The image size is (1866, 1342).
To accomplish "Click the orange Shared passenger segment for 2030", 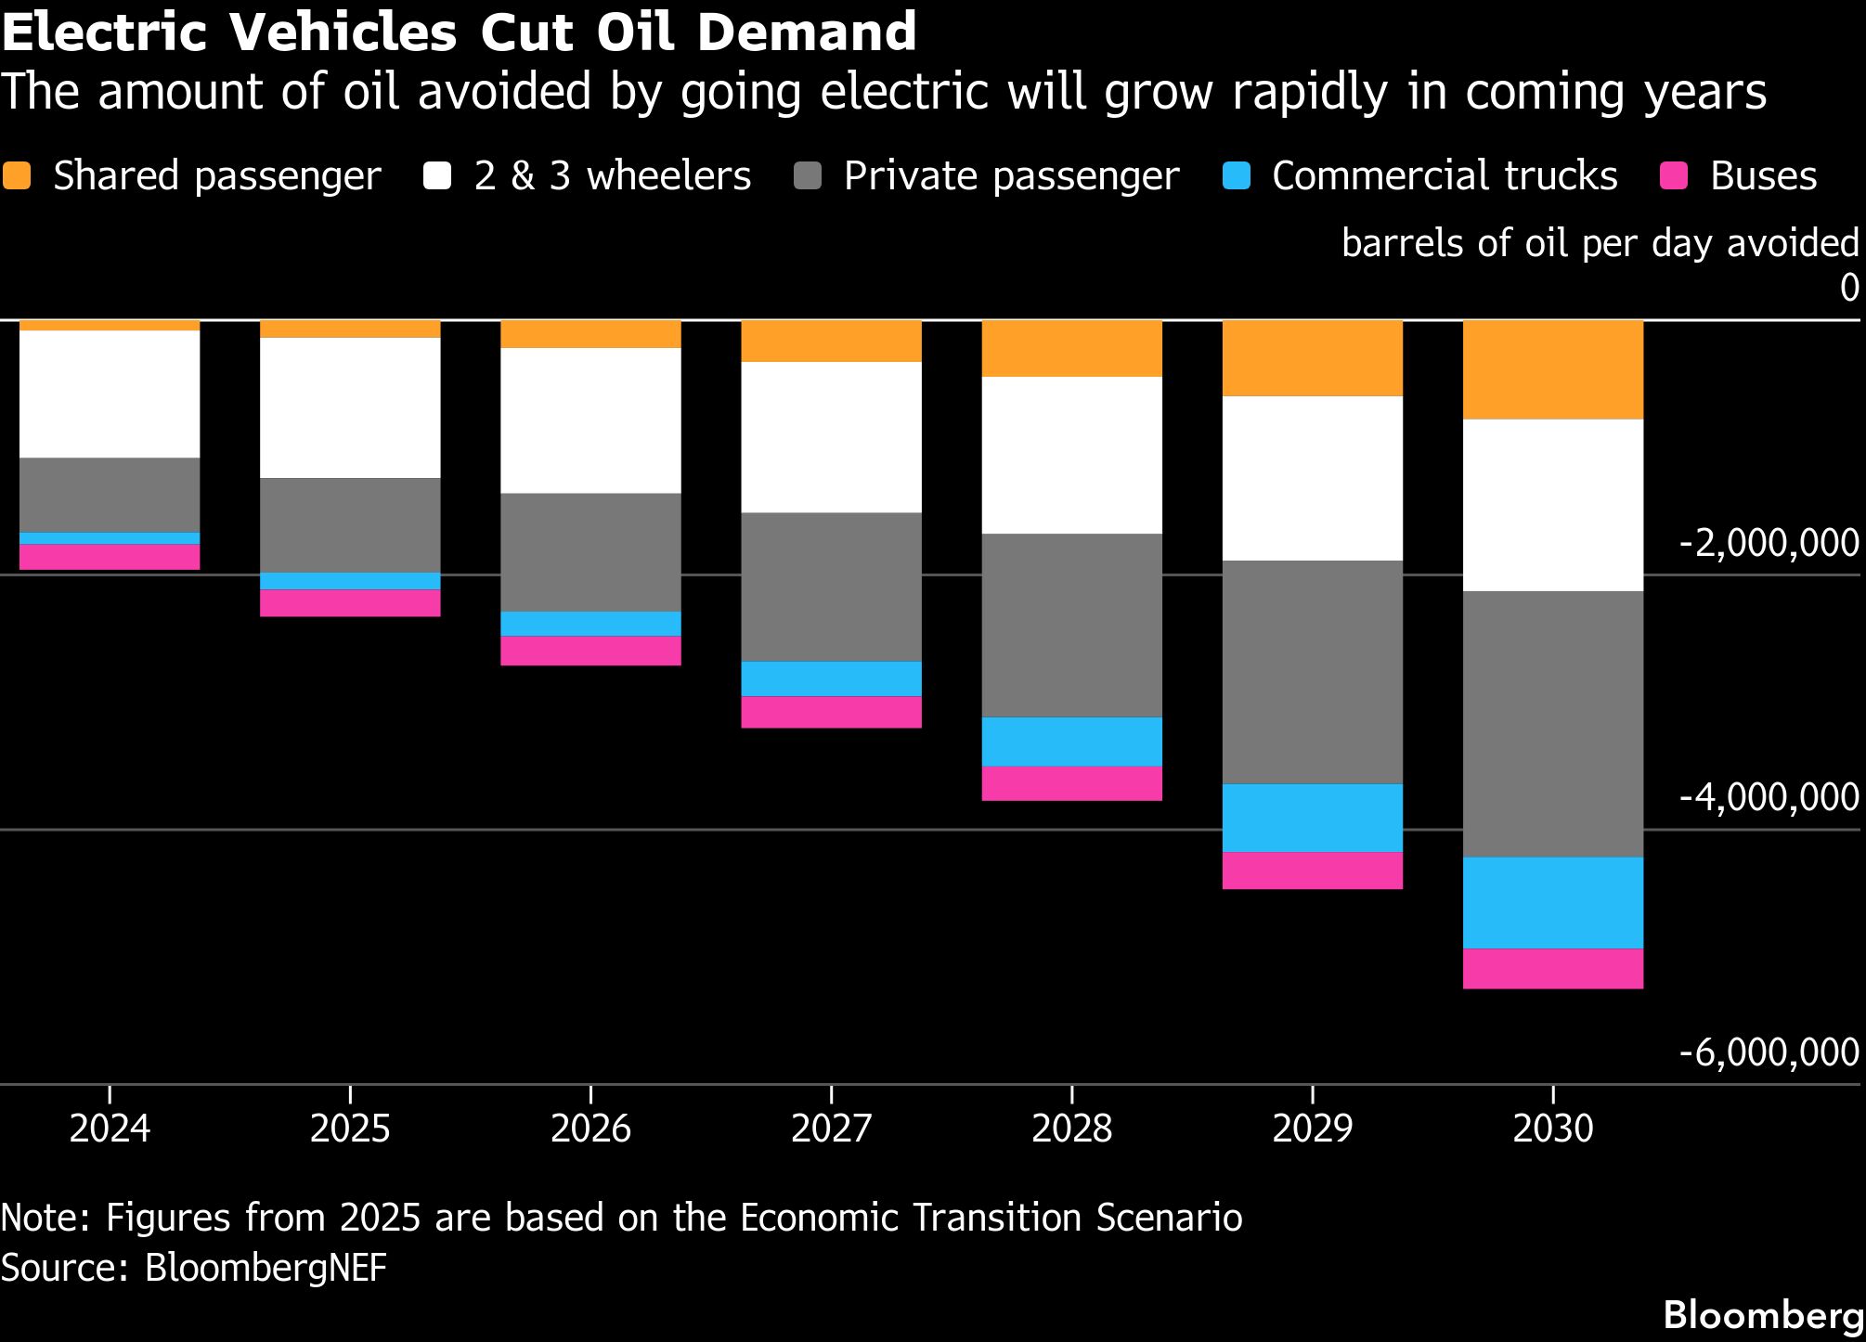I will click(1552, 369).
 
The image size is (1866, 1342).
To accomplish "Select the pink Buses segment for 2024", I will click(110, 556).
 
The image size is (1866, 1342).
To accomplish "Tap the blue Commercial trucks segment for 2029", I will click(1312, 818).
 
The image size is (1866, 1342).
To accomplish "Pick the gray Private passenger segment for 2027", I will click(831, 587).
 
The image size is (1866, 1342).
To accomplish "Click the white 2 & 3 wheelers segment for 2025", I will click(350, 407).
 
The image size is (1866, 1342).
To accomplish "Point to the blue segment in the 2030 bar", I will click(1552, 902).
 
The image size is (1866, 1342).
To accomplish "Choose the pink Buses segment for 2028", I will click(1071, 783).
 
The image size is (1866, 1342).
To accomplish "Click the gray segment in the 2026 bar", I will click(590, 552).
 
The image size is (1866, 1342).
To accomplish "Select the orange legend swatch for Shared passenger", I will click(17, 176).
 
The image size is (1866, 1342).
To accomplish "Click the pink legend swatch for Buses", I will click(1674, 176).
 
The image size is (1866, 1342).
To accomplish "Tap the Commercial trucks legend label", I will click(1445, 176).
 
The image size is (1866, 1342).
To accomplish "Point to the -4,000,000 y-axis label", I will click(1769, 797).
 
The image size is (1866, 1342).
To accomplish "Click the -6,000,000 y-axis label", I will click(1769, 1052).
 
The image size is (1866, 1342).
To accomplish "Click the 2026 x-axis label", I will click(590, 1129).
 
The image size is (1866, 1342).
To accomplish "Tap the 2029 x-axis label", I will click(1312, 1129).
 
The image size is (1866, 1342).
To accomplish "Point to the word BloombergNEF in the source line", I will click(266, 1268).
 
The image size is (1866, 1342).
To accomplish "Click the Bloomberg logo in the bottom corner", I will click(1763, 1315).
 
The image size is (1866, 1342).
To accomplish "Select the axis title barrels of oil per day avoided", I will click(1600, 243).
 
